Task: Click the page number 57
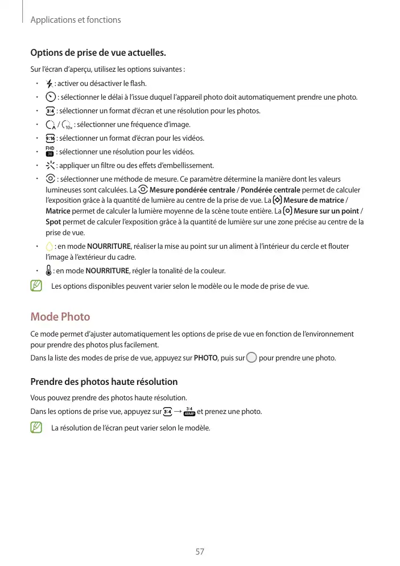pyautogui.click(x=200, y=551)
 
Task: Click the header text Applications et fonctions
pyautogui.click(x=75, y=20)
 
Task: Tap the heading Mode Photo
pyautogui.click(x=60, y=317)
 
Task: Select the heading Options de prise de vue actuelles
pyautogui.click(x=98, y=54)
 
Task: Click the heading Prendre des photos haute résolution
pyautogui.click(x=104, y=382)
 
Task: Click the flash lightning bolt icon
pyautogui.click(x=50, y=84)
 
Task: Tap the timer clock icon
pyautogui.click(x=50, y=97)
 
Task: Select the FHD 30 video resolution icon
pyautogui.click(x=50, y=152)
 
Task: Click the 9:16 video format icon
pyautogui.click(x=50, y=138)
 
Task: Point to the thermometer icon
pyautogui.click(x=49, y=270)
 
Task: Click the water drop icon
pyautogui.click(x=50, y=247)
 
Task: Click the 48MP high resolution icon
pyautogui.click(x=190, y=412)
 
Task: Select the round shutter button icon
pyautogui.click(x=251, y=358)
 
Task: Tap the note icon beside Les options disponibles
pyautogui.click(x=36, y=286)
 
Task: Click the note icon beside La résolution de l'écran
pyautogui.click(x=36, y=427)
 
